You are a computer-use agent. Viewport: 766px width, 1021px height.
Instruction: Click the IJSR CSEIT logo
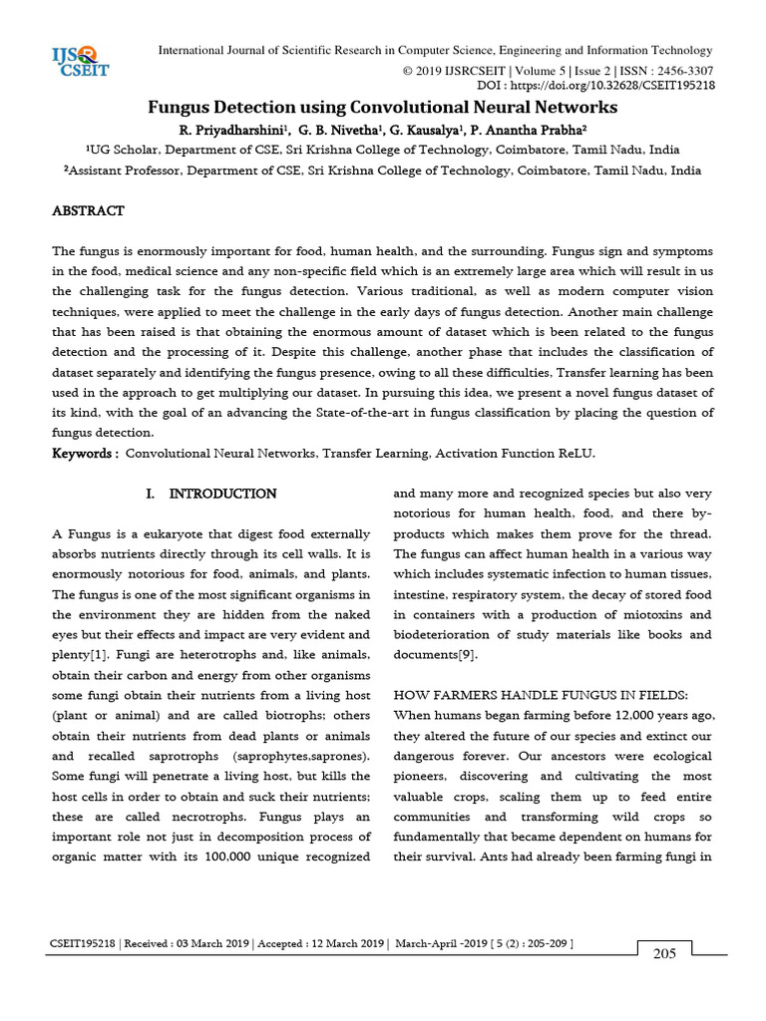point(81,61)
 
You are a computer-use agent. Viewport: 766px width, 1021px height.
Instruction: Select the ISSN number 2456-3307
point(679,71)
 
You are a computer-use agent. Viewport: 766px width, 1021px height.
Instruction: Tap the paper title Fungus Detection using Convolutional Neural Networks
point(383,108)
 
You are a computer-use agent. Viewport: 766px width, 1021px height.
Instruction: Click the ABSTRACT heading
point(88,211)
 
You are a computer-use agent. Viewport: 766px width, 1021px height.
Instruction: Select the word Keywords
point(84,454)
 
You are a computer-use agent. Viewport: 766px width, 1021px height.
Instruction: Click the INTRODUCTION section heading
point(222,494)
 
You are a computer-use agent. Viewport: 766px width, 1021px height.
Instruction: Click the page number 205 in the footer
point(664,954)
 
